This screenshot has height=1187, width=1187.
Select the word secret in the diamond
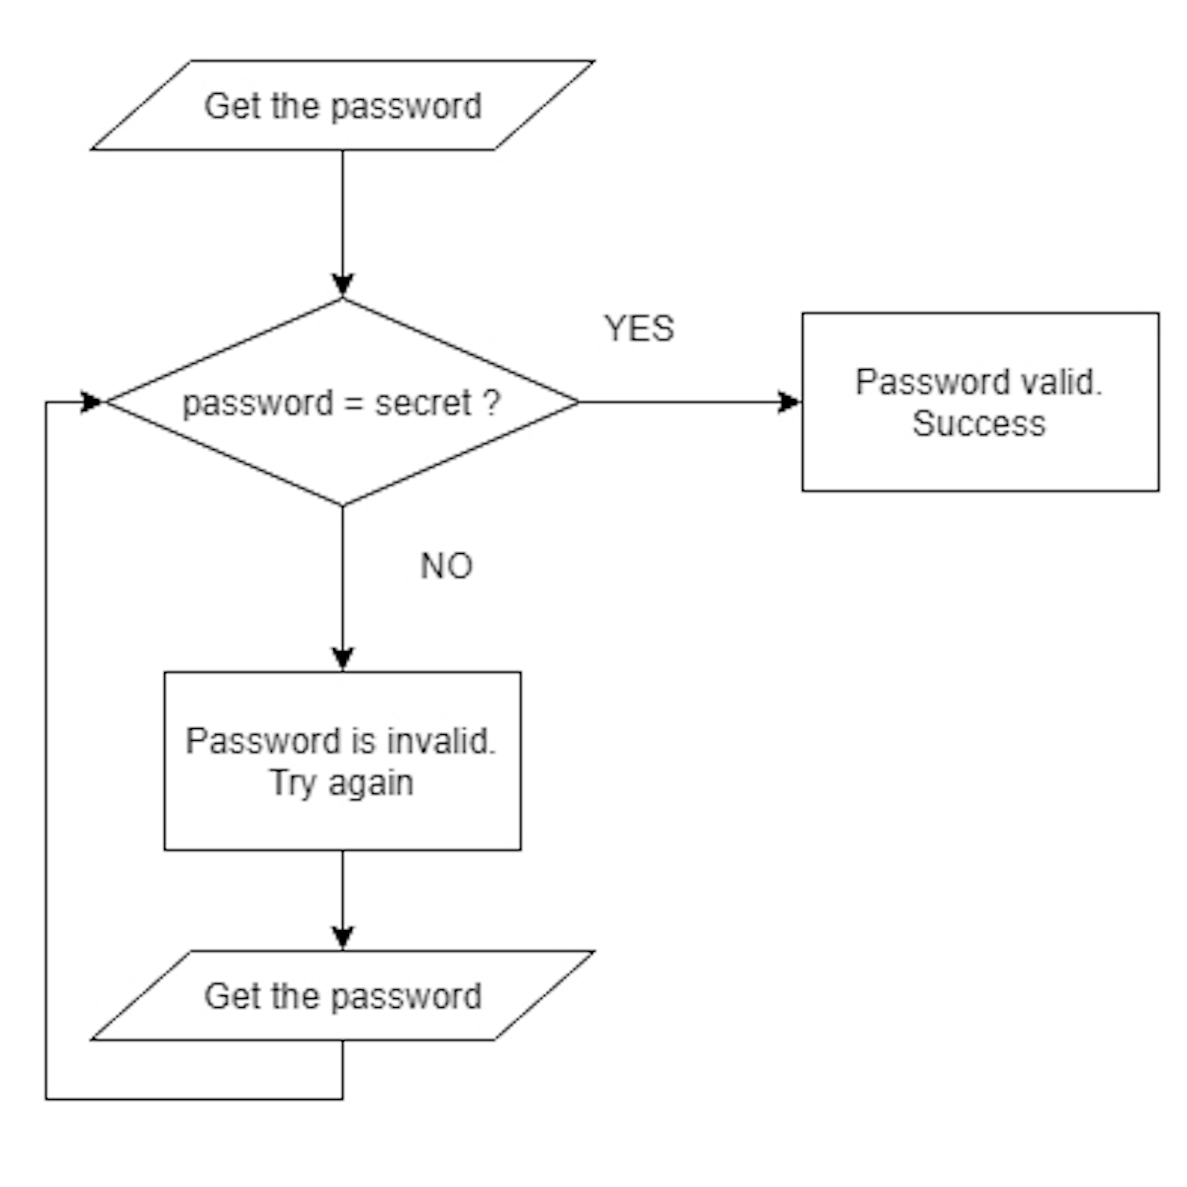[423, 404]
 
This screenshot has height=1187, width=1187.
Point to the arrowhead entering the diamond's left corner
[92, 403]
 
